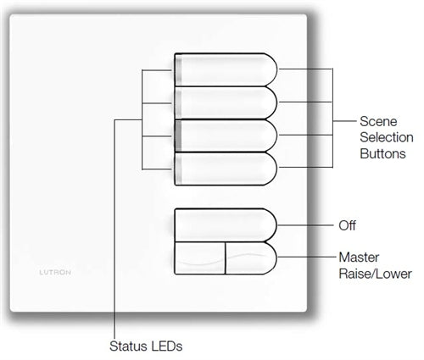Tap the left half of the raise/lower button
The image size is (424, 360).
(199, 259)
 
